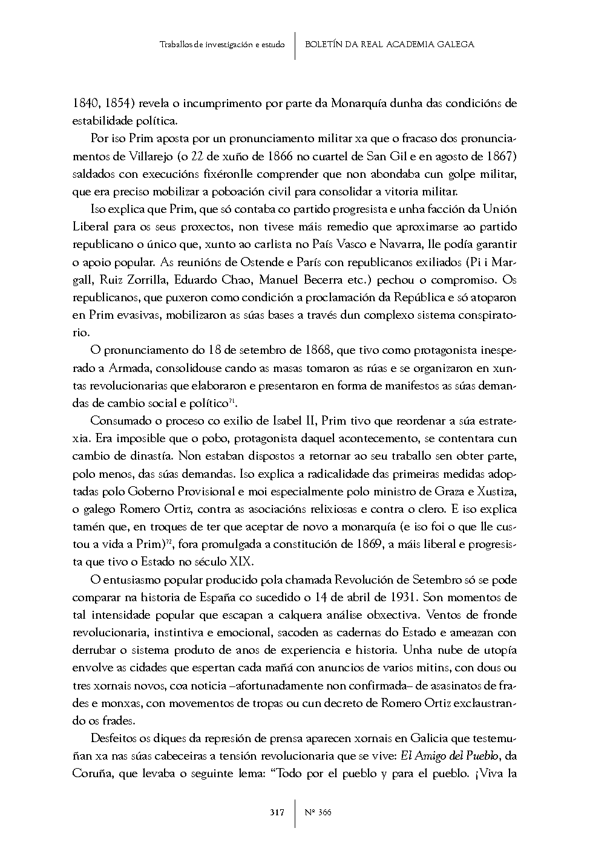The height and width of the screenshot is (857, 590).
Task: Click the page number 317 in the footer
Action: tap(277, 812)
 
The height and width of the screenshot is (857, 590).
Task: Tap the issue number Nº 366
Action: tap(318, 812)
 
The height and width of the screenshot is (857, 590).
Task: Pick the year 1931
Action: tap(398, 598)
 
